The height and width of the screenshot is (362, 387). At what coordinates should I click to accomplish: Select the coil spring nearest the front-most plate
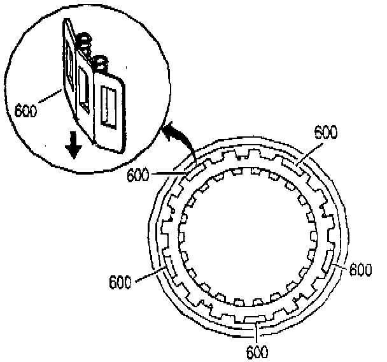pos(99,63)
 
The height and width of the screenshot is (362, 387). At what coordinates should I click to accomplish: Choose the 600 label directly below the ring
pos(257,351)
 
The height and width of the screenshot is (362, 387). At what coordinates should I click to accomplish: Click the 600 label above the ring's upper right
pos(325,132)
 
